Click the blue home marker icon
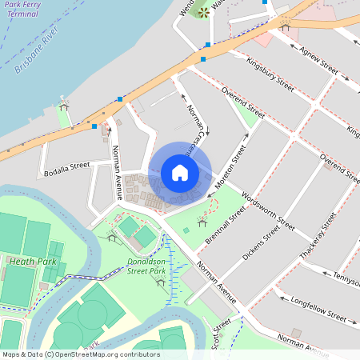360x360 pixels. coord(180,172)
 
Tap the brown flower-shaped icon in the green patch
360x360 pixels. coord(202,12)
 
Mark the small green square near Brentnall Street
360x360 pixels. coord(186,231)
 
